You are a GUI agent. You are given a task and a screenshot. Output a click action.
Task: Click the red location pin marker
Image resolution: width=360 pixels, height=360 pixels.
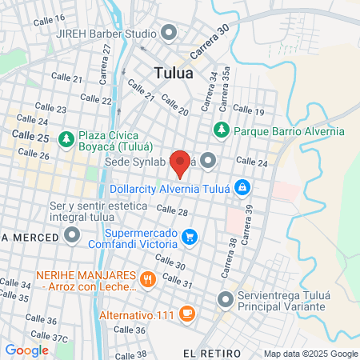180,162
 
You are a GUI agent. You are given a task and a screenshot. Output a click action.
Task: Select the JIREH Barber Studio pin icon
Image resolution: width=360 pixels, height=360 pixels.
168,33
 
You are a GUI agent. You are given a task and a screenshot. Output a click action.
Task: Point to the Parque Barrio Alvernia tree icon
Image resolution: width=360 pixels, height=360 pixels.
221,129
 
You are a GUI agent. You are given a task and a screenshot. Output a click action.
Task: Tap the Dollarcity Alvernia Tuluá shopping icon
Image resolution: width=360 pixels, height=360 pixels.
243,188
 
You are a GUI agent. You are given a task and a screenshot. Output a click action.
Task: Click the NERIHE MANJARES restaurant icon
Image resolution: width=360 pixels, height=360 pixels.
147,279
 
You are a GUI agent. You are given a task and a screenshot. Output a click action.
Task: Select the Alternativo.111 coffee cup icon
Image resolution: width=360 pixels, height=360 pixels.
186,314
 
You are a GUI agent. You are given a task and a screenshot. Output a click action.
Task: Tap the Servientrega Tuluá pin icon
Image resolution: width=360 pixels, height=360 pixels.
225,299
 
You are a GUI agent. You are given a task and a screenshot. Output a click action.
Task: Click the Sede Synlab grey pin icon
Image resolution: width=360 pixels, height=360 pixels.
209,161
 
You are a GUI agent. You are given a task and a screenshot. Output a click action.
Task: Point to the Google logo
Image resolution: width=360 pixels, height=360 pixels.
26,350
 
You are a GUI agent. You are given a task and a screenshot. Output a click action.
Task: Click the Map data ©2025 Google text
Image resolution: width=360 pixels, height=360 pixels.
311,354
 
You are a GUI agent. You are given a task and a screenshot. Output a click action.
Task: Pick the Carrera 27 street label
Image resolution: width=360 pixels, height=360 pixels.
106,63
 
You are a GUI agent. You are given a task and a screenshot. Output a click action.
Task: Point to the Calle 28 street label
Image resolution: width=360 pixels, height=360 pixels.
172,210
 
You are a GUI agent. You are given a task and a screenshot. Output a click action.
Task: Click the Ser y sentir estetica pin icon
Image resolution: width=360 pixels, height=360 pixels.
72,234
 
